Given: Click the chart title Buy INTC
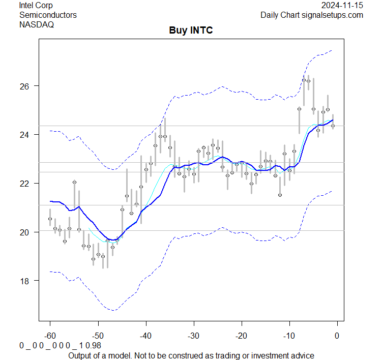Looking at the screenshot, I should pyautogui.click(x=191, y=31).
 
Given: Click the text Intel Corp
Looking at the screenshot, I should pyautogui.click(x=36, y=5).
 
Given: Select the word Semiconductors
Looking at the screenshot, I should pyautogui.click(x=48, y=15).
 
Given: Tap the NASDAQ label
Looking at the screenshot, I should pyautogui.click(x=37, y=24).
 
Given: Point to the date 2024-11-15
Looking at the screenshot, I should pyautogui.click(x=343, y=5).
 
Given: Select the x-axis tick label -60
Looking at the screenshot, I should pyautogui.click(x=50, y=336).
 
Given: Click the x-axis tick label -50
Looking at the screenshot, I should pyautogui.click(x=98, y=336).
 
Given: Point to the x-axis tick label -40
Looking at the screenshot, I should pyautogui.click(x=145, y=336).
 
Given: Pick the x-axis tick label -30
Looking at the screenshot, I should pyautogui.click(x=193, y=336).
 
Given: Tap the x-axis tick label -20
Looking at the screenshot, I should pyautogui.click(x=241, y=336).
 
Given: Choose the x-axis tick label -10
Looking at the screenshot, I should pyautogui.click(x=289, y=336).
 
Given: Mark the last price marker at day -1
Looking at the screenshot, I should pyautogui.click(x=333, y=126).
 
